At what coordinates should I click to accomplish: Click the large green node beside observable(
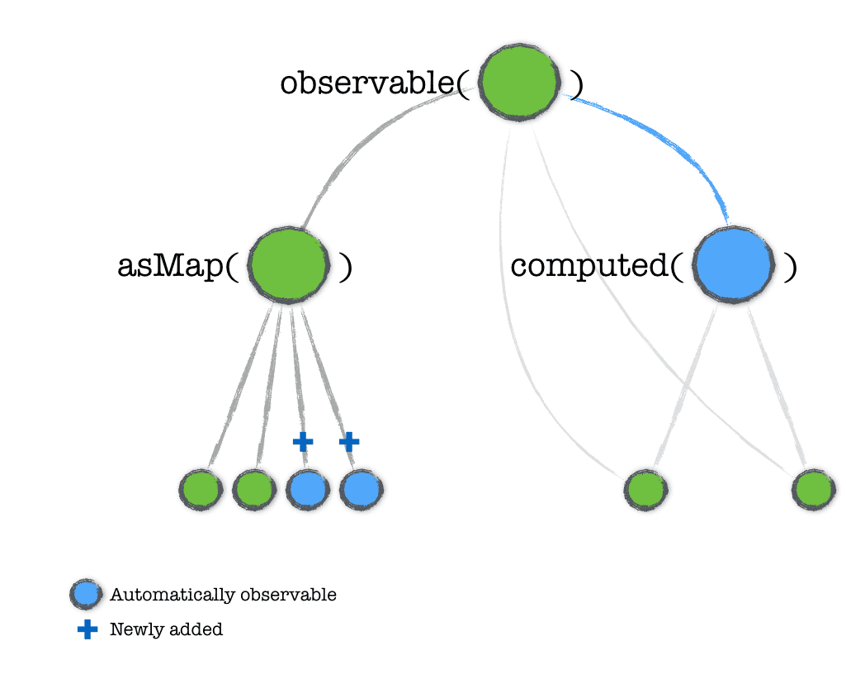pos(520,83)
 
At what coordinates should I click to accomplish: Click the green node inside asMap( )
pos(288,266)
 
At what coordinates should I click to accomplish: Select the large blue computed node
pos(733,265)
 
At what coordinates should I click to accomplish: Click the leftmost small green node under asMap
pos(201,490)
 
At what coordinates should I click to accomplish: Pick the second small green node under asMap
pos(253,490)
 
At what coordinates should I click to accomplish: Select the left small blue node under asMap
pos(307,490)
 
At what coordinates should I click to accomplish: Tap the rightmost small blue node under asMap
pos(361,490)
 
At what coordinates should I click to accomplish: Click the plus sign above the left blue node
pos(303,442)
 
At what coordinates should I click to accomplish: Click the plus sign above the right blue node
pos(349,442)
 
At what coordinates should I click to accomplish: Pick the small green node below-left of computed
pos(645,489)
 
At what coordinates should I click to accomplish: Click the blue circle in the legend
pos(86,594)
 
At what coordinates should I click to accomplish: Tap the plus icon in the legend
pos(87,629)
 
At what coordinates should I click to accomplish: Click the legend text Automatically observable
pos(223,595)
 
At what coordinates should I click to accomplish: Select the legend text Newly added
pos(166,629)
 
